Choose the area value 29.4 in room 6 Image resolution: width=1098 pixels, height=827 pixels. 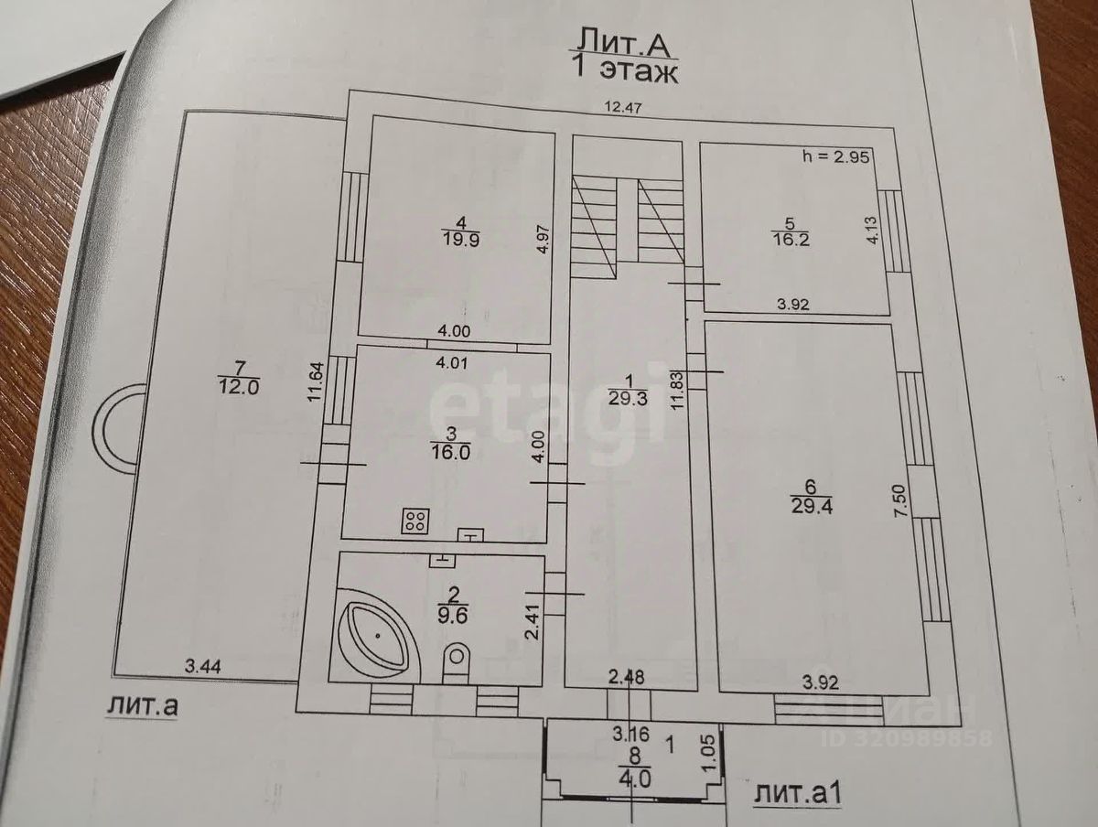[812, 503]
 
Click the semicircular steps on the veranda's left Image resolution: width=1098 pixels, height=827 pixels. [121, 429]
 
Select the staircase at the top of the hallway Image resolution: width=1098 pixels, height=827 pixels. [628, 224]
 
